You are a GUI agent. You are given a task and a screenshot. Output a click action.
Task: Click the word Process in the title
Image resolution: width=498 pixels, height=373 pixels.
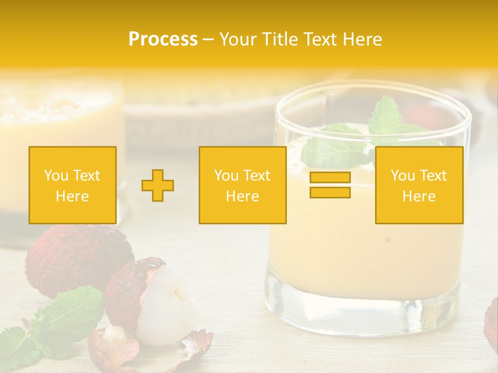point(163,39)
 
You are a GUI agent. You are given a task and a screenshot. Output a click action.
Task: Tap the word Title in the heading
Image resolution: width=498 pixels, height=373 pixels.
point(279,39)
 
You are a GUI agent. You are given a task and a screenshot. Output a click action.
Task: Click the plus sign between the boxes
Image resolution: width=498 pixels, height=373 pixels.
point(158,185)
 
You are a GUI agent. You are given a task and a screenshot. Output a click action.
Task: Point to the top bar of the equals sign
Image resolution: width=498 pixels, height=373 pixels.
point(330,177)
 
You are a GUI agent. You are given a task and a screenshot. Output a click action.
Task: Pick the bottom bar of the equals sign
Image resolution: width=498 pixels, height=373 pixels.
point(330,193)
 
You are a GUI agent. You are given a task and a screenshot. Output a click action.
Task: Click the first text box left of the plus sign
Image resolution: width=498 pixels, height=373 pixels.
point(73,185)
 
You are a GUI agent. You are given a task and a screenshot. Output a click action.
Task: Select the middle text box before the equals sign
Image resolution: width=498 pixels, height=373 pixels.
point(242,185)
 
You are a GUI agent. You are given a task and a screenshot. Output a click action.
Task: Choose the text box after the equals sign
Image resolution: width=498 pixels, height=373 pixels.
point(419,185)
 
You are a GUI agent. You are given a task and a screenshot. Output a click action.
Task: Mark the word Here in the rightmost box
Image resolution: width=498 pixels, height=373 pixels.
point(419,196)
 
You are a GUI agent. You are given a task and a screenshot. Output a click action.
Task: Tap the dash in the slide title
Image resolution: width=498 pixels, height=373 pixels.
point(208,39)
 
